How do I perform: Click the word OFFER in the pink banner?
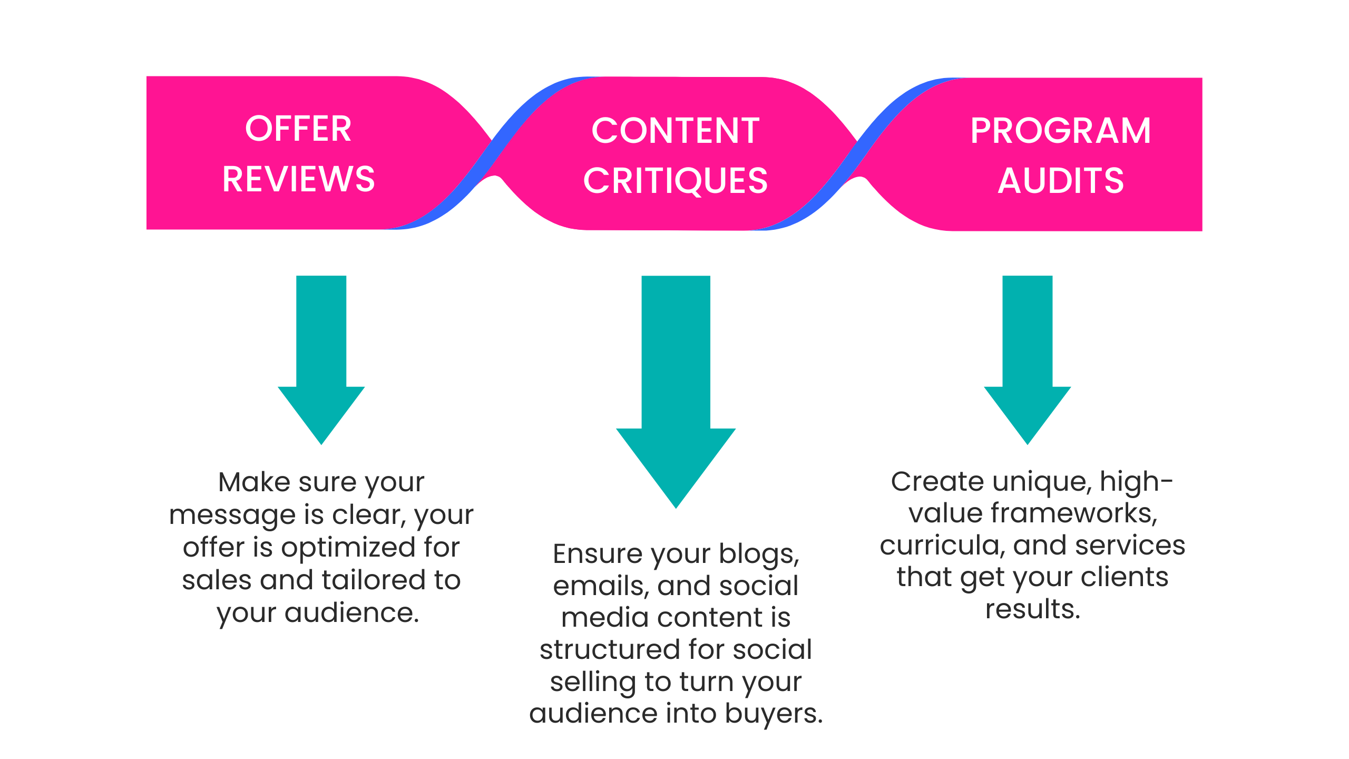click(x=298, y=129)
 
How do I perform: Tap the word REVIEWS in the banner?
click(x=299, y=179)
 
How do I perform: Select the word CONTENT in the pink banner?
click(x=676, y=131)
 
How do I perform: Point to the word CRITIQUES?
click(x=676, y=181)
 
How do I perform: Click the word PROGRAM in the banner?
click(x=1061, y=131)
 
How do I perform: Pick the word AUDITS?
click(x=1061, y=181)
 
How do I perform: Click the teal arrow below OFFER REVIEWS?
click(x=321, y=359)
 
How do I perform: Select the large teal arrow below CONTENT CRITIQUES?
click(x=676, y=392)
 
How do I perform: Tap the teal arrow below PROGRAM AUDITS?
click(x=1028, y=359)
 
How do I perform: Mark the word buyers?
click(x=774, y=714)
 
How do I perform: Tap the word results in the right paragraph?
click(x=1033, y=609)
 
